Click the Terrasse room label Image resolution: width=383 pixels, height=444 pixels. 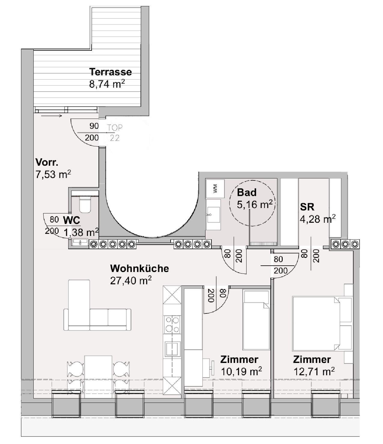(111, 72)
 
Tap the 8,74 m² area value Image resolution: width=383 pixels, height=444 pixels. (107, 84)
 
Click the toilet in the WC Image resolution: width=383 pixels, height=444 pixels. (85, 205)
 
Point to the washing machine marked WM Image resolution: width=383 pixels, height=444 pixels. (215, 189)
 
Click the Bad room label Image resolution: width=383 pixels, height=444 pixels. (247, 192)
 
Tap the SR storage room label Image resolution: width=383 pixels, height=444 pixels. (307, 207)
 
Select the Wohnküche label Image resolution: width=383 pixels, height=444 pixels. (139, 268)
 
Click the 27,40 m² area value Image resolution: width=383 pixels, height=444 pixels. (131, 280)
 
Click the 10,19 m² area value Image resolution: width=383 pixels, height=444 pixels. (241, 372)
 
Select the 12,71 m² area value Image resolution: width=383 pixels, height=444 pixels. (314, 372)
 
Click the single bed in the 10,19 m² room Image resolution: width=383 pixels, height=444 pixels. (256, 320)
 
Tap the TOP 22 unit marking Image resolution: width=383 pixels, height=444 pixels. (114, 133)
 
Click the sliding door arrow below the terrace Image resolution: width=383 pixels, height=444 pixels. (51, 116)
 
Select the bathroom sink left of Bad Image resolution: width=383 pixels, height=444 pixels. (213, 215)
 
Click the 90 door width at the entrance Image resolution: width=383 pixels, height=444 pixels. (94, 126)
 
